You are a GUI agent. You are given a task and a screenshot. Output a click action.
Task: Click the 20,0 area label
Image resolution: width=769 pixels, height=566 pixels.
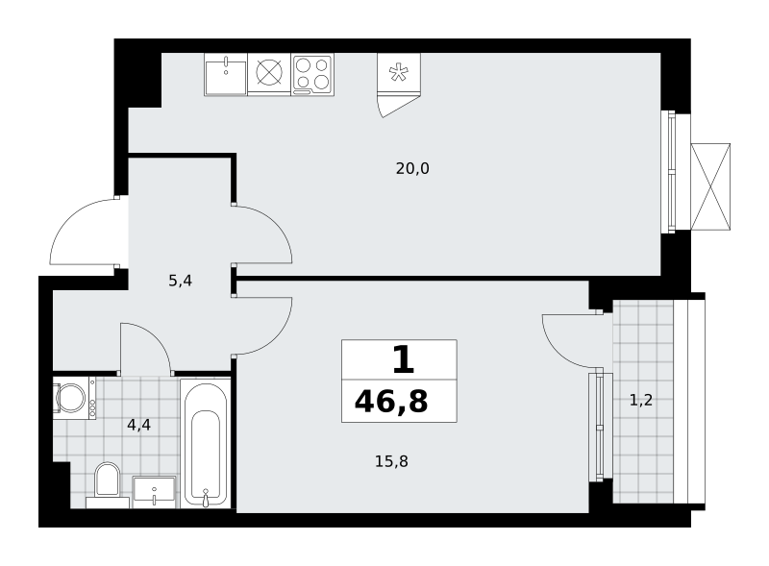412,169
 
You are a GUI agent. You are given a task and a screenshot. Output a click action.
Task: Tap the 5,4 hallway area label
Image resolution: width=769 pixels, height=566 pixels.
180,281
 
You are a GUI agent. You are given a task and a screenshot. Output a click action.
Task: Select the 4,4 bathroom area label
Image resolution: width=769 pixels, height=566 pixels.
138,425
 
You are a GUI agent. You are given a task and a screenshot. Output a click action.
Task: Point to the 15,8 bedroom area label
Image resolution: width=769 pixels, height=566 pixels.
391,461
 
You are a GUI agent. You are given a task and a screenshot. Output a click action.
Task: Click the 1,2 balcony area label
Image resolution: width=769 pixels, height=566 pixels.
641,400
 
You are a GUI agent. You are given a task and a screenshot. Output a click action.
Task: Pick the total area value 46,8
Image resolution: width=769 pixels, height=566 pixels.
391,402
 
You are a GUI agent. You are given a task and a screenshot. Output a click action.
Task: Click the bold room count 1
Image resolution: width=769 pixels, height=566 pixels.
403,359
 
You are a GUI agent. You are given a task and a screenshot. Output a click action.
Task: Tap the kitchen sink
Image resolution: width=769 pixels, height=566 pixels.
226,74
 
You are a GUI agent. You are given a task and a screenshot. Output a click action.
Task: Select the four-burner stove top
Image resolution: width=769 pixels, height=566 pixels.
312,74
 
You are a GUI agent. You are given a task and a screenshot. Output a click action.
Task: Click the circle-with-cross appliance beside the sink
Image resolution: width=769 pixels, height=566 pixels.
269,73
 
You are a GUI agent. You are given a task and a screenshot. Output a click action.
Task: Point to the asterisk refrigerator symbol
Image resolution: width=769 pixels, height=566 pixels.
399,73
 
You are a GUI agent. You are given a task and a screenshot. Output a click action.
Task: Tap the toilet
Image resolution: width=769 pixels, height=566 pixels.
108,484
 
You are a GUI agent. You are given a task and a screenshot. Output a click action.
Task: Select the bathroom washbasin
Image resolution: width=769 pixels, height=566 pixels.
155,492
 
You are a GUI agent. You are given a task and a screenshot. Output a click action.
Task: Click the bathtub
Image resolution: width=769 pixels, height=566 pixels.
206,443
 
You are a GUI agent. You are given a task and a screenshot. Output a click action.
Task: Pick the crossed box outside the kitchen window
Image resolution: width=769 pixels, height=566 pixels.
710,186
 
